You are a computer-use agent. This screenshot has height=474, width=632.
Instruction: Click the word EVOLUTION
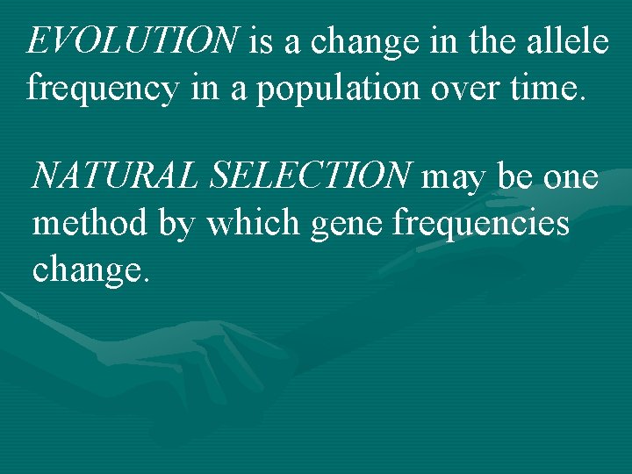tap(133, 40)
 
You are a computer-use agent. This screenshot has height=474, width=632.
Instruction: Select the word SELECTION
tap(309, 176)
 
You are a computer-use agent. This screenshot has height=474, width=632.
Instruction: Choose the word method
tap(89, 224)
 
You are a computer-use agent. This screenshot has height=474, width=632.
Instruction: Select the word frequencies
tap(482, 224)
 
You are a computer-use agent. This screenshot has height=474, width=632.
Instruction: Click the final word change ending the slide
tap(90, 272)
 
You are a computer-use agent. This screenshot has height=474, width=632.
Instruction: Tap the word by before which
tap(178, 226)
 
